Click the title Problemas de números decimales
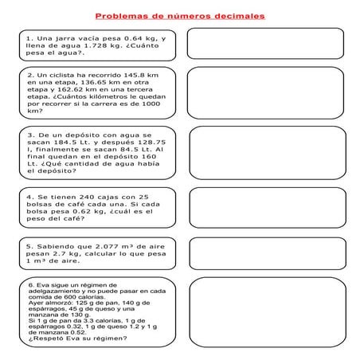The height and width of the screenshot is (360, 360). click(180, 15)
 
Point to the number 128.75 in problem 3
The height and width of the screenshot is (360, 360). click(151, 143)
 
